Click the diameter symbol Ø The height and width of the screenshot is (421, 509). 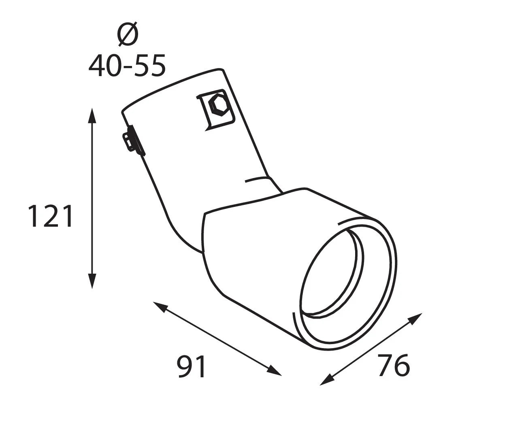pos(128,34)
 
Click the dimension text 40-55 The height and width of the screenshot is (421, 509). pos(127,66)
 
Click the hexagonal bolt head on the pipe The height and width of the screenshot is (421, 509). pos(219,106)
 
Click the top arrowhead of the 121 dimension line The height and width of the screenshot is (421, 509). pos(92,116)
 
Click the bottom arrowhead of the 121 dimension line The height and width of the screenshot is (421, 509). pos(92,281)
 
